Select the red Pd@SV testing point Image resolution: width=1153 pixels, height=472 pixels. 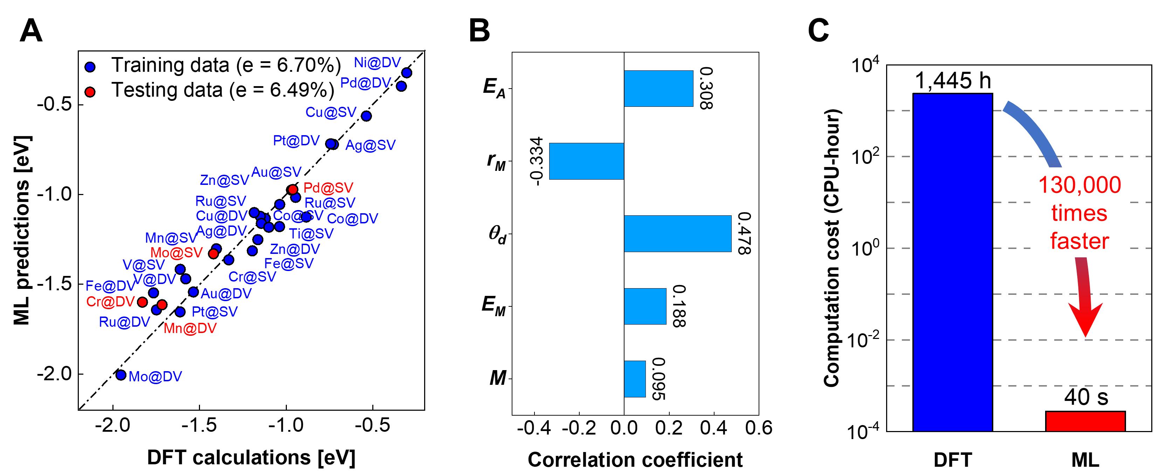coord(293,189)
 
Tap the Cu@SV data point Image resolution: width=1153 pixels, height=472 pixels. coord(366,116)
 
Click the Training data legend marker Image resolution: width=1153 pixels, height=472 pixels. coord(90,67)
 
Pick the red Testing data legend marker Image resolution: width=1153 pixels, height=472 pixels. coord(90,92)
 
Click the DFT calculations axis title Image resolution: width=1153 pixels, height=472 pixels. coord(251,457)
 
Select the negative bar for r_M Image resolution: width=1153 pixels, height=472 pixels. coord(586,161)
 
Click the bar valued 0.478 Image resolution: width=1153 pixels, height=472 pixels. coord(678,234)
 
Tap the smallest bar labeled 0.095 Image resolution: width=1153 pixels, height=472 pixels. coord(635,379)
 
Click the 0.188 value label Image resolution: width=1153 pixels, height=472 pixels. coord(678,306)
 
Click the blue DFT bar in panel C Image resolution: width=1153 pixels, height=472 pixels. coord(952,262)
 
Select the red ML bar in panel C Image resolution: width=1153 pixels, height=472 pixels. coord(1085,421)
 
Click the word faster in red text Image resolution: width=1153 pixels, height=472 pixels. coord(1079,242)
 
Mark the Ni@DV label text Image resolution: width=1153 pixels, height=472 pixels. coord(377,63)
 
